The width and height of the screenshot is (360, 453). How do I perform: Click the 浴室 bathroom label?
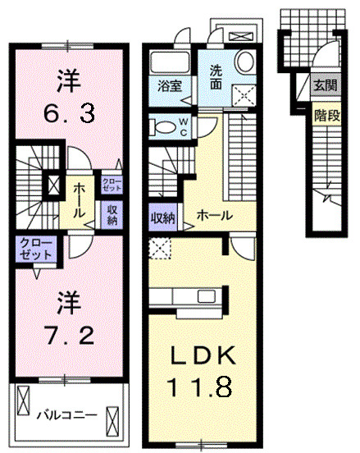click(x=170, y=85)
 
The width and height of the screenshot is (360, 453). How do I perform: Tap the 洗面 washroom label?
click(x=216, y=75)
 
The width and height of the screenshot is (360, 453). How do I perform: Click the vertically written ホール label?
click(x=80, y=200)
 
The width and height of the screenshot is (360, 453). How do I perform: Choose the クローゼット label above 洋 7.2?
click(x=35, y=249)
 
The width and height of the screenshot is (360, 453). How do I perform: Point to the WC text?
click(x=184, y=128)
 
